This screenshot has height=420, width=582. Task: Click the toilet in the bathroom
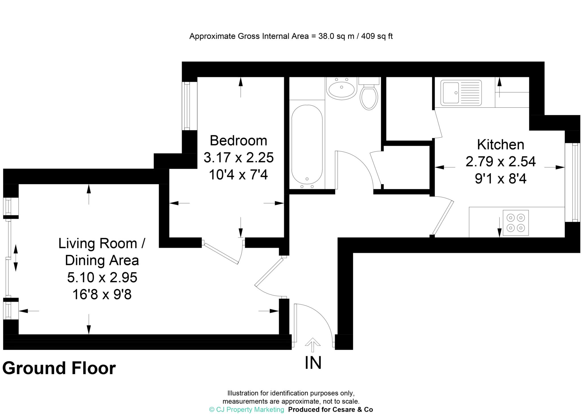pos(369,97)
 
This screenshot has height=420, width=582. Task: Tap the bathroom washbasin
pos(341,89)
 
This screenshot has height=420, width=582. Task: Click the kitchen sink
pos(461,93)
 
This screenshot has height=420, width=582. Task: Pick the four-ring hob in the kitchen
pos(516,223)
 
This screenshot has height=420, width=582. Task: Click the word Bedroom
pos(238,141)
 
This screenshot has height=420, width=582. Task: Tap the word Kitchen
pos(500,145)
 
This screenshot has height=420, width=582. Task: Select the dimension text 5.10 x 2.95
pos(102,277)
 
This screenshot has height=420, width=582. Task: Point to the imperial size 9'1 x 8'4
pos(500,179)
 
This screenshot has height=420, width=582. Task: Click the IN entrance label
pos(313,363)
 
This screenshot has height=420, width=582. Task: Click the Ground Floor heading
pos(59,368)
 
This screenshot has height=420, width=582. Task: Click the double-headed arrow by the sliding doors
pos(16,258)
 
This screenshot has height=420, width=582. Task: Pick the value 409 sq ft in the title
pos(377,36)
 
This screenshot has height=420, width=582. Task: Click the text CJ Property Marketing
pos(247,409)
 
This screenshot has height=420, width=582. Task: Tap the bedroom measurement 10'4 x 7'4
pos(238,175)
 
